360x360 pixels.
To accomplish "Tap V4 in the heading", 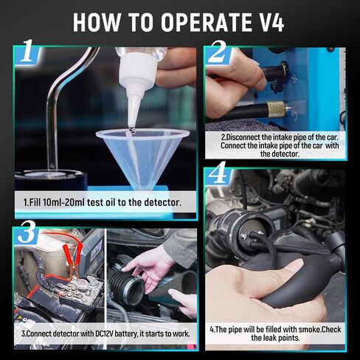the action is [x=269, y=23].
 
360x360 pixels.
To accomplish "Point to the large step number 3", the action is [x=27, y=232].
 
